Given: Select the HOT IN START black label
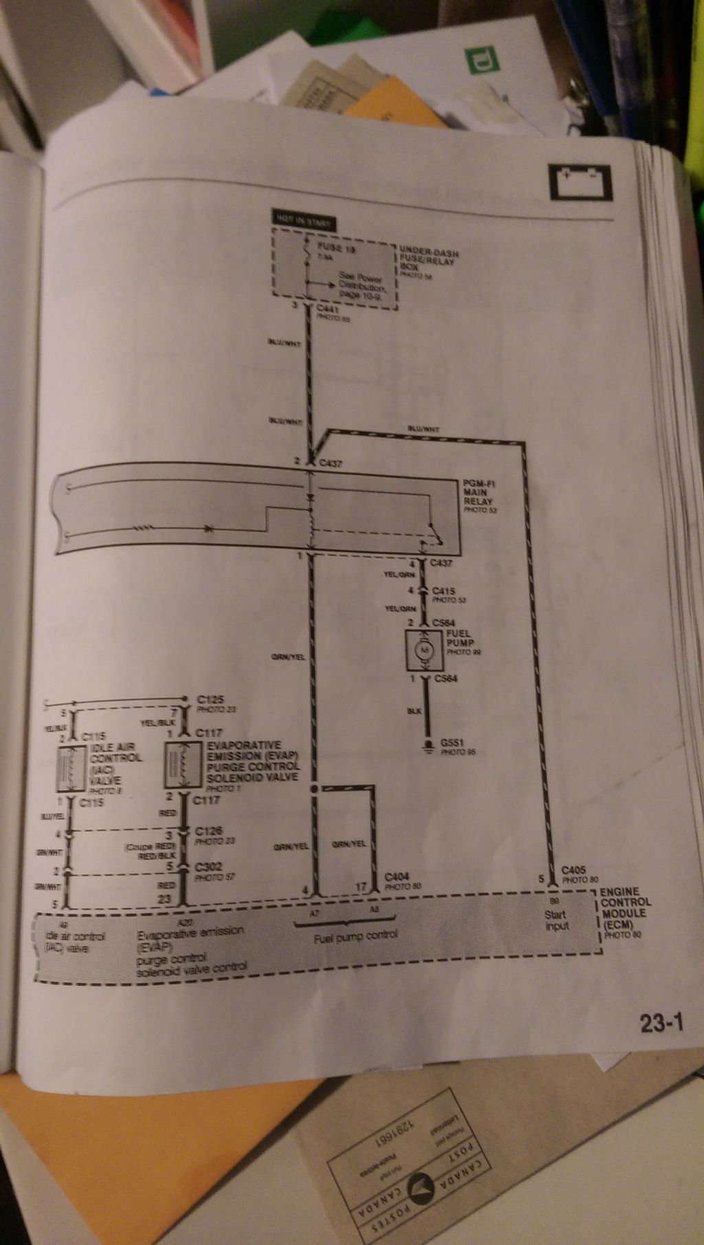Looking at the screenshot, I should click(x=303, y=223).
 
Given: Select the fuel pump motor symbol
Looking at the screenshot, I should click(x=425, y=650).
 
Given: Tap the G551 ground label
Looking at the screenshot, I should click(x=452, y=744).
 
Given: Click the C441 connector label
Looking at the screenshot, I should click(x=329, y=311).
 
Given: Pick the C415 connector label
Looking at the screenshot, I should click(x=444, y=591).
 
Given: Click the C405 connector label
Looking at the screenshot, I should click(x=575, y=870).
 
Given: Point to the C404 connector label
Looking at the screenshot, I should click(x=398, y=877).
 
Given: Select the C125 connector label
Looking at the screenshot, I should click(x=210, y=699).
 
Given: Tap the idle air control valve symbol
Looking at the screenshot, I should click(x=71, y=769).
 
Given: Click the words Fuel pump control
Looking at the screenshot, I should click(x=355, y=936).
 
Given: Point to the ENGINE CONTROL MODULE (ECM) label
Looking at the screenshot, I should click(x=624, y=907).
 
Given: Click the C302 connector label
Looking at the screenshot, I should click(x=208, y=868).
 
